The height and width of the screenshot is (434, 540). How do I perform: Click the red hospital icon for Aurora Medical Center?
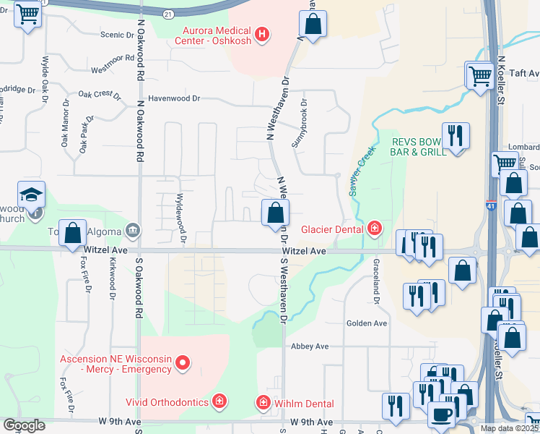tap(262, 33)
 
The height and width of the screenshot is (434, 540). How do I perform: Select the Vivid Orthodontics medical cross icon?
tap(219, 401)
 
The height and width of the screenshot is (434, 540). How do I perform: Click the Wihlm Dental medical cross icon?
tap(264, 402)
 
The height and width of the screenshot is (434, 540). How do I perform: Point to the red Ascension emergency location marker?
tap(183, 363)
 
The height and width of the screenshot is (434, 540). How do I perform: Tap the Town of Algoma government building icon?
tap(133, 231)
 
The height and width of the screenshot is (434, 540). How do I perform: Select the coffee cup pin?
tap(441, 415)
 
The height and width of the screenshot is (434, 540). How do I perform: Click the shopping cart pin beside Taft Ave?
tap(480, 75)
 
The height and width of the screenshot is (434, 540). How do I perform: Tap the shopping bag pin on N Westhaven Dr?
tap(274, 213)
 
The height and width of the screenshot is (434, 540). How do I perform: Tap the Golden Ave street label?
tap(367, 323)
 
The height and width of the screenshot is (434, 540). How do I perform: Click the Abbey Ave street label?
tap(309, 346)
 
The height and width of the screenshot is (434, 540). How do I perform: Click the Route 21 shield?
tap(167, 14)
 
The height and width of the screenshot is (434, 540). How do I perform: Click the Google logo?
tap(24, 425)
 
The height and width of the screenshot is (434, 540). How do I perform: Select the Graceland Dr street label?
tap(376, 282)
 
